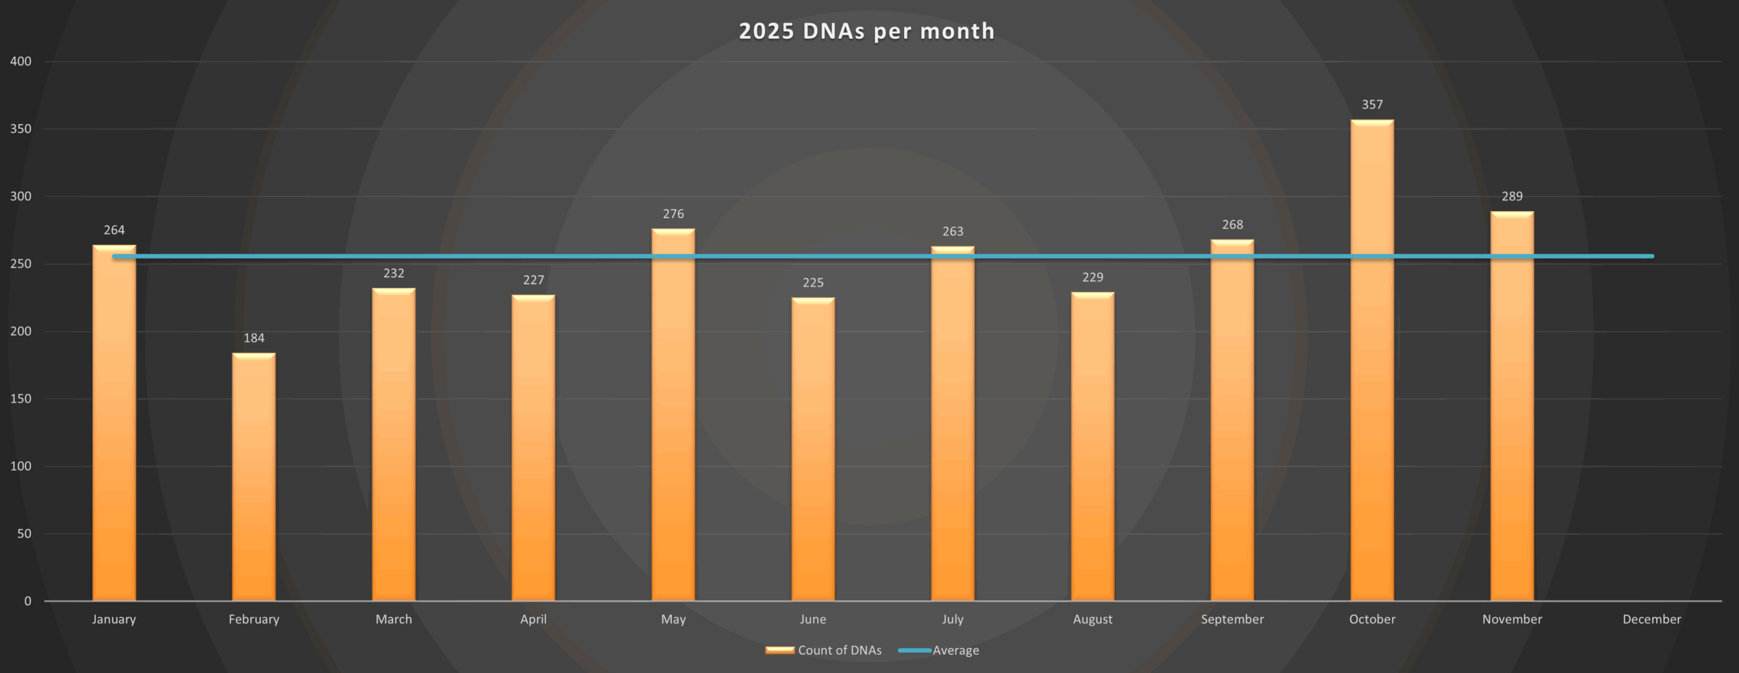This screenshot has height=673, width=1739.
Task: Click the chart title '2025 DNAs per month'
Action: click(867, 31)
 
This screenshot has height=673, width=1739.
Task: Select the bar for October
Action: click(1372, 360)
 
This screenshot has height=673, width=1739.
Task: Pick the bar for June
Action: click(812, 449)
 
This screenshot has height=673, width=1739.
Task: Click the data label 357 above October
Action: click(1372, 105)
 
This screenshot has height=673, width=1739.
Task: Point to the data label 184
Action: click(253, 338)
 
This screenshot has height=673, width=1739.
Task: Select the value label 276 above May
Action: click(673, 214)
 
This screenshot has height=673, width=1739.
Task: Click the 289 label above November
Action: click(1511, 196)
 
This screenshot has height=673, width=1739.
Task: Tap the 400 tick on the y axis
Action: click(21, 62)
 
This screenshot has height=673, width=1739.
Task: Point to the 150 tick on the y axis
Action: click(21, 399)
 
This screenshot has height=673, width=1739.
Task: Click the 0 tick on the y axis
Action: click(28, 601)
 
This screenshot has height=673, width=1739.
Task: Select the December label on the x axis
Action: click(1651, 619)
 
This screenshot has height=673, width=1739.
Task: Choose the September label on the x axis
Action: click(1232, 619)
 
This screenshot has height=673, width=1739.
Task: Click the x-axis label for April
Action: click(533, 619)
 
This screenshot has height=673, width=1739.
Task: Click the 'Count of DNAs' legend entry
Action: click(839, 651)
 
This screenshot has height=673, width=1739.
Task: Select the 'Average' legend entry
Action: click(955, 651)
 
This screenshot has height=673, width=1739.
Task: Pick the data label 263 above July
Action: click(952, 232)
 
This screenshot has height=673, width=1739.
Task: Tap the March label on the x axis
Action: click(393, 619)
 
